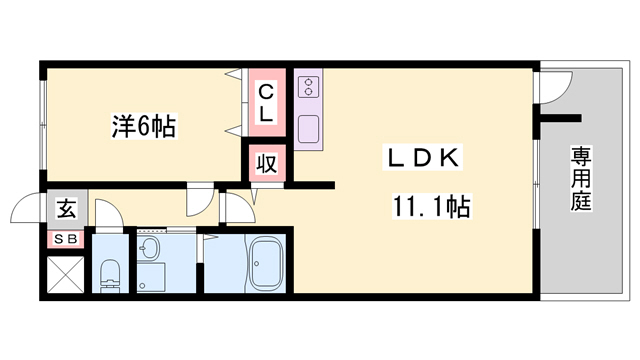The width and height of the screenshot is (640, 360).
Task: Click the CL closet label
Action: [x=267, y=102]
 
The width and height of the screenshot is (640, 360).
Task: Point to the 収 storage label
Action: [x=267, y=164]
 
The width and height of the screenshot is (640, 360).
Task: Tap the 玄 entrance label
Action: [x=65, y=210]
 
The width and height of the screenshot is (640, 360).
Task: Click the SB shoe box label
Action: [x=65, y=239]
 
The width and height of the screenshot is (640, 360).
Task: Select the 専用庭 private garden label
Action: [x=581, y=180]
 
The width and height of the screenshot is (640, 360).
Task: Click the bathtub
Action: [x=267, y=263]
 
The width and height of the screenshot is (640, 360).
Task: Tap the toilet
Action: [x=110, y=272]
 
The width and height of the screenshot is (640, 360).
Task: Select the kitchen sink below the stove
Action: [x=307, y=127]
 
